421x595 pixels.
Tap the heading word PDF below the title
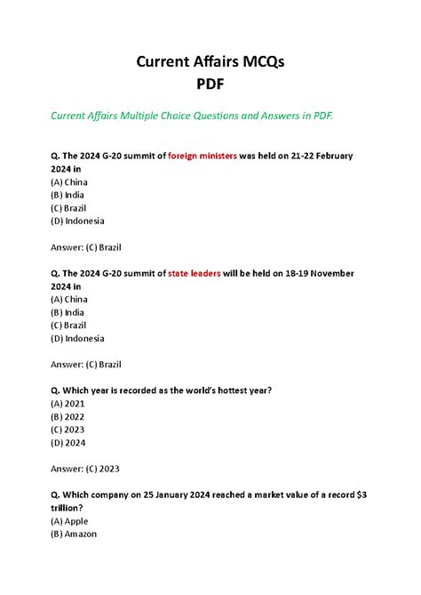pos(210,85)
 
